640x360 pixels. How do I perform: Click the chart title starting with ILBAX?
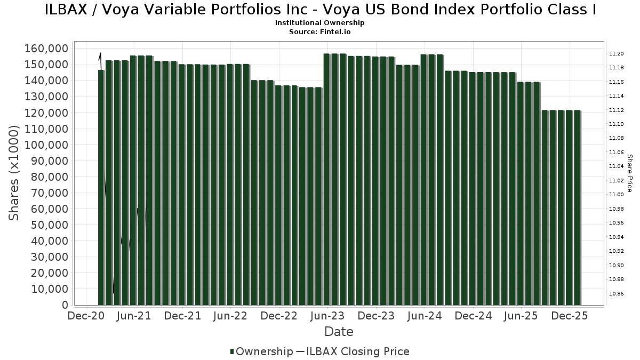click(320, 10)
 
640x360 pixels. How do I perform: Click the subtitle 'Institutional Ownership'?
click(320, 23)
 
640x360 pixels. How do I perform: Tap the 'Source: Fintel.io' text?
click(320, 31)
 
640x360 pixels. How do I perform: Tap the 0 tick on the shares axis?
click(65, 305)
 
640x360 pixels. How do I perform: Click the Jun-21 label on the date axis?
click(133, 316)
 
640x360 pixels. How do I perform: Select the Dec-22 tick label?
click(279, 316)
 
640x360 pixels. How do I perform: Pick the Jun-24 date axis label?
click(425, 316)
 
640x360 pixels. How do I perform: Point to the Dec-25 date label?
click(570, 316)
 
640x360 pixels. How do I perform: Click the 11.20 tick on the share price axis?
click(617, 54)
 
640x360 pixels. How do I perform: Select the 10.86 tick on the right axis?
click(617, 293)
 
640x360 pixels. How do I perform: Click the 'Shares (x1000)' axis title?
click(15, 172)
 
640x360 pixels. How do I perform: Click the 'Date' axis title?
click(339, 332)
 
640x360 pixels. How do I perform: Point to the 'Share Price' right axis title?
click(629, 173)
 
